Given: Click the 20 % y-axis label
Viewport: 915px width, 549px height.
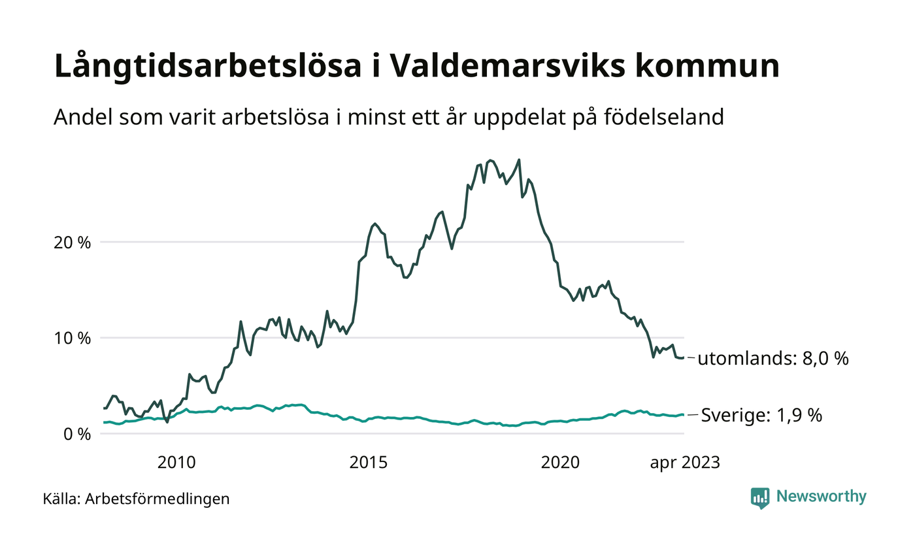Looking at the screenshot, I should (73, 242).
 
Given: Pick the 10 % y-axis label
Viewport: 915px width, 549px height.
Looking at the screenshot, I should (73, 339).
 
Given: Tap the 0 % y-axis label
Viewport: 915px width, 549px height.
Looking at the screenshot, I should (76, 434).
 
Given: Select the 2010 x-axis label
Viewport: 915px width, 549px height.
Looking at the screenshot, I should (176, 463).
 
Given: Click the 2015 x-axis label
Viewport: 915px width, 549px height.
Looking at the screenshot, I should (369, 463).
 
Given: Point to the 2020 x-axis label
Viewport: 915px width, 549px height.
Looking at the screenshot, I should (560, 463).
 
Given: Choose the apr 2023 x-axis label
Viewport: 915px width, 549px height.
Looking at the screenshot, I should (684, 463).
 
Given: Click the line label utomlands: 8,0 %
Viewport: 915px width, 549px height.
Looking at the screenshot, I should (773, 359).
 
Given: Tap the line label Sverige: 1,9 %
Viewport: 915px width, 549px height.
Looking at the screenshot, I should (761, 416).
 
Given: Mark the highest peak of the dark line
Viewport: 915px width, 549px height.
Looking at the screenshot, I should (519, 159).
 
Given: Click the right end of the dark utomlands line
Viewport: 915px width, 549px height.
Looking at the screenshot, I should (683, 358).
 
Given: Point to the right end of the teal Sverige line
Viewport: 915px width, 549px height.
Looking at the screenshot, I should (683, 415).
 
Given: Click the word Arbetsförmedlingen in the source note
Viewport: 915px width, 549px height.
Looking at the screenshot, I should (158, 499).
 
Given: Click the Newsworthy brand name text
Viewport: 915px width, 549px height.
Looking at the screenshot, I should (822, 497).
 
